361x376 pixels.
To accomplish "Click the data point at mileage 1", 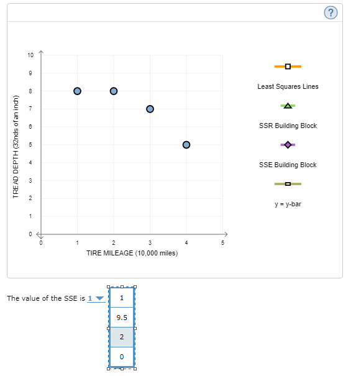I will pyautogui.click(x=77, y=91).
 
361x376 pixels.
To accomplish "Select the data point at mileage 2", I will pyautogui.click(x=114, y=91).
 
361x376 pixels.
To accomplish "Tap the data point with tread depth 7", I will pyautogui.click(x=150, y=109).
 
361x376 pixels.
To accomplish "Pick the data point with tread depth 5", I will pyautogui.click(x=186, y=145).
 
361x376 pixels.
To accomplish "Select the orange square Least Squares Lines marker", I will pyautogui.click(x=288, y=66).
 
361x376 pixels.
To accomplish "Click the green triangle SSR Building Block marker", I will pyautogui.click(x=288, y=106).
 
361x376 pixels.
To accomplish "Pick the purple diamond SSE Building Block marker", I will pyautogui.click(x=288, y=145).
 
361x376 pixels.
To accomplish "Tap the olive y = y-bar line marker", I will pyautogui.click(x=288, y=184).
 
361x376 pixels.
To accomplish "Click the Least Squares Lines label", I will pyautogui.click(x=288, y=86).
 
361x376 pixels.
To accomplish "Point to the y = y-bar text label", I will pyautogui.click(x=288, y=204).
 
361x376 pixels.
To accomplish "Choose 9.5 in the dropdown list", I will pyautogui.click(x=122, y=318).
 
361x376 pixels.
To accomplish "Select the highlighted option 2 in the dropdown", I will pyautogui.click(x=122, y=337).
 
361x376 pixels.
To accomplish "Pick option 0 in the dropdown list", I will pyautogui.click(x=122, y=357).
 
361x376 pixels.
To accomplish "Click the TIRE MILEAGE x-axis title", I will pyautogui.click(x=132, y=254).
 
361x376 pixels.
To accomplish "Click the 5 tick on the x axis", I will pyautogui.click(x=222, y=242).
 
